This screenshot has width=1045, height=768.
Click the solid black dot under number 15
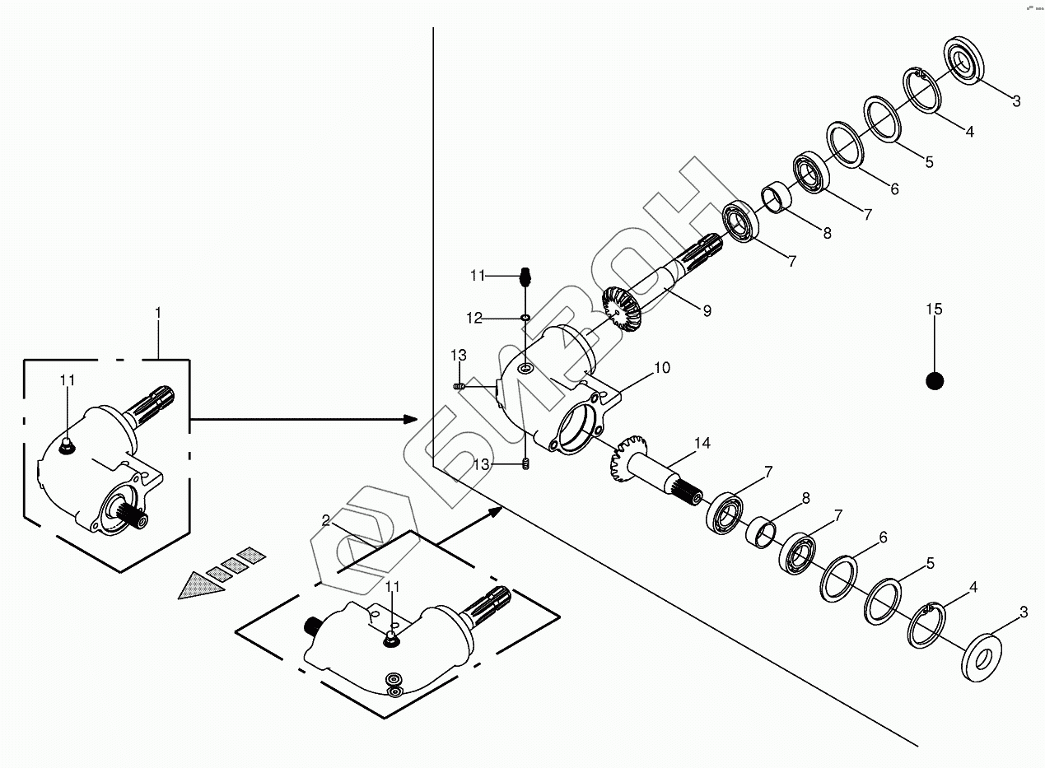click(934, 380)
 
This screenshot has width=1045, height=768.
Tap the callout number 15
click(934, 310)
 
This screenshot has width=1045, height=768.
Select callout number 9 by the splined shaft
click(707, 310)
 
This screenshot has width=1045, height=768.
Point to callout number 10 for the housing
click(662, 367)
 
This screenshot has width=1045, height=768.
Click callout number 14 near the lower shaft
click(702, 444)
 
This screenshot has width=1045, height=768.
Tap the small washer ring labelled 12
click(525, 317)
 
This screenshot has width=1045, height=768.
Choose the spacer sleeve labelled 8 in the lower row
click(761, 531)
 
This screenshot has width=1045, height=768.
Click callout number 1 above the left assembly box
click(158, 313)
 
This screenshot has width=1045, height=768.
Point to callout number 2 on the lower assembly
click(326, 520)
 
